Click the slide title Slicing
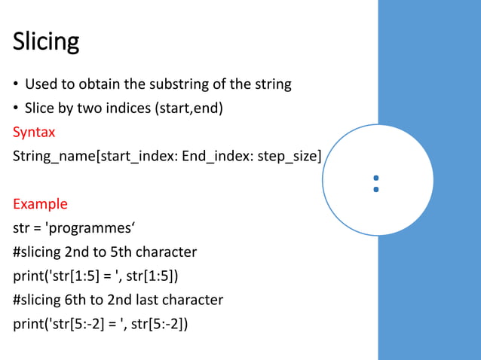[46, 41]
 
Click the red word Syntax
[34, 132]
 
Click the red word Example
[40, 204]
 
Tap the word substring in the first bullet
[192, 84]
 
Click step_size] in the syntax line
[290, 156]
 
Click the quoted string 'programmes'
[84, 228]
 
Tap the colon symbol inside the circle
[375, 184]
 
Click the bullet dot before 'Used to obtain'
[16, 84]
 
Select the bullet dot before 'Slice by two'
[16, 108]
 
